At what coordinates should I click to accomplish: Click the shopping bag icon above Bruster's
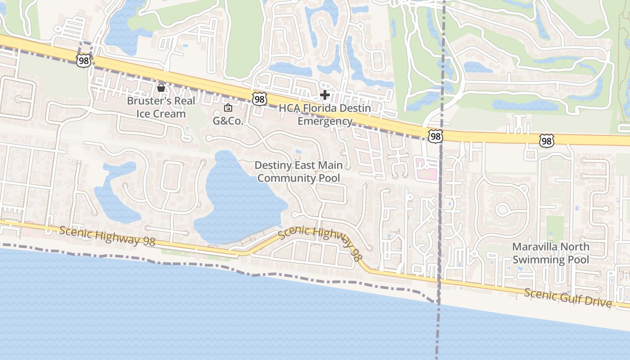click(161, 87)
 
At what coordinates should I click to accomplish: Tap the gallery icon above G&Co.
click(228, 108)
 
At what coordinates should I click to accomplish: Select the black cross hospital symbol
click(324, 95)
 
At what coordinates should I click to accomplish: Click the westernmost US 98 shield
click(84, 61)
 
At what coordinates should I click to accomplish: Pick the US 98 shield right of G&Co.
click(259, 99)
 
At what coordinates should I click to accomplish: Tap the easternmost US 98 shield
click(546, 141)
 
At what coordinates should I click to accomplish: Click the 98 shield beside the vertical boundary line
click(435, 136)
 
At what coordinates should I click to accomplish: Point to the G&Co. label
click(228, 121)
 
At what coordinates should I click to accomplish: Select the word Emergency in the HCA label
click(325, 121)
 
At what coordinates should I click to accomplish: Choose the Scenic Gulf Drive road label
click(568, 297)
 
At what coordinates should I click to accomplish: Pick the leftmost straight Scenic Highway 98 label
click(107, 236)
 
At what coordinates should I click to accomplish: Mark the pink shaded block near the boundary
click(426, 169)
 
